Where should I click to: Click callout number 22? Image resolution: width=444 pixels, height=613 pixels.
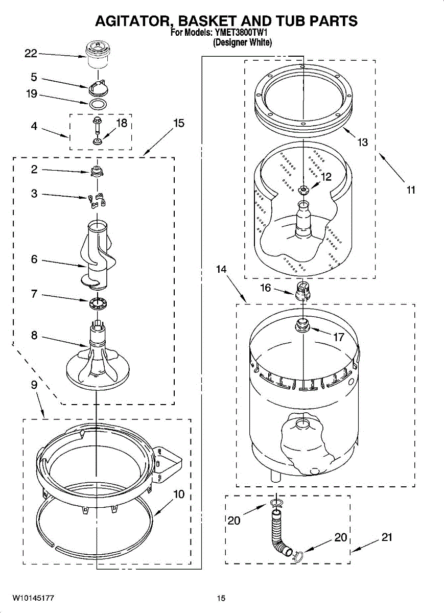click(x=31, y=53)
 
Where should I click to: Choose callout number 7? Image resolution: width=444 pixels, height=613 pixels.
click(x=34, y=294)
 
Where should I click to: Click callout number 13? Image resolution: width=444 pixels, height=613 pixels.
click(x=362, y=143)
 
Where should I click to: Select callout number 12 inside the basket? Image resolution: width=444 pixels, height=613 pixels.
click(x=326, y=177)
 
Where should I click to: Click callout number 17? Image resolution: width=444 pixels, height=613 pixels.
click(x=339, y=337)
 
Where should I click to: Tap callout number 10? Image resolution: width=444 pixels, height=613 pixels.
click(x=178, y=494)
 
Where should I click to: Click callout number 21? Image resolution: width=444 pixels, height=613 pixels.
click(x=387, y=537)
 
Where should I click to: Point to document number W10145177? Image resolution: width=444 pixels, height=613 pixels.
click(x=33, y=598)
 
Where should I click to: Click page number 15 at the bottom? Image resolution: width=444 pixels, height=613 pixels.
click(x=221, y=598)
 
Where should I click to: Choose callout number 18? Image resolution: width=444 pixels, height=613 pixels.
click(x=121, y=123)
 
